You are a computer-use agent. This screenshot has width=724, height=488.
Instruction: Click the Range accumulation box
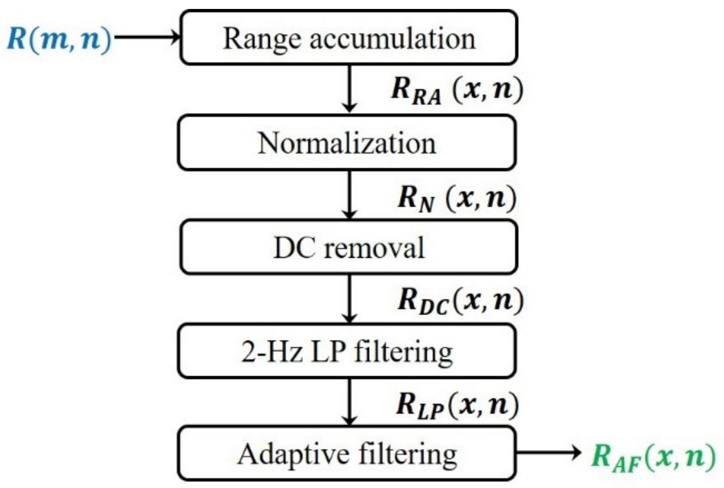[x=349, y=38]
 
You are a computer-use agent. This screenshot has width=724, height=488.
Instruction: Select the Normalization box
[x=347, y=143]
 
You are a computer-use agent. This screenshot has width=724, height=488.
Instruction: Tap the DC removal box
[x=349, y=247]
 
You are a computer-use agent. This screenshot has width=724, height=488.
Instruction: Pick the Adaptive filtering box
[x=347, y=454]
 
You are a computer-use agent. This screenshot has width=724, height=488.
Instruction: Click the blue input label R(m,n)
[x=60, y=39]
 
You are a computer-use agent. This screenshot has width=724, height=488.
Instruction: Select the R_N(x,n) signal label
[x=457, y=199]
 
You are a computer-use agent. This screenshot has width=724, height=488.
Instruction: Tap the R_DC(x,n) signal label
[x=460, y=301]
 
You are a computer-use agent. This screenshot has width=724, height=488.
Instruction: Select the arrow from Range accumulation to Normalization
[x=349, y=88]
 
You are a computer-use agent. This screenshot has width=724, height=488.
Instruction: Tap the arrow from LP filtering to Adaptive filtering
[x=349, y=402]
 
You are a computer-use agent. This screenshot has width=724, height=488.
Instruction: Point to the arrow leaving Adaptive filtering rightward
[x=548, y=452]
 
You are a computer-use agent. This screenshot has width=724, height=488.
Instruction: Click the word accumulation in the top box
[x=392, y=39]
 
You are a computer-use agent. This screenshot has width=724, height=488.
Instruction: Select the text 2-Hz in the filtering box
[x=271, y=352]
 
